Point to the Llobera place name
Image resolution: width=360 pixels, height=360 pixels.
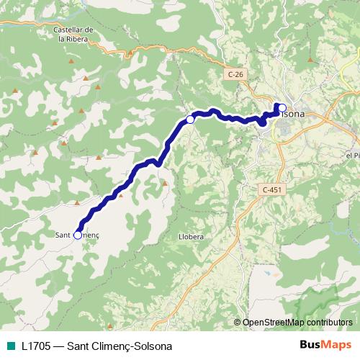pyautogui.click(x=191, y=235)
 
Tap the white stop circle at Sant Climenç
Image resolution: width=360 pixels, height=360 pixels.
pyautogui.click(x=78, y=235)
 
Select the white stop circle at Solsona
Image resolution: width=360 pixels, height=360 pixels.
pyautogui.click(x=282, y=108)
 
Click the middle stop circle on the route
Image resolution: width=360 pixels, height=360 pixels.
pyautogui.click(x=190, y=120)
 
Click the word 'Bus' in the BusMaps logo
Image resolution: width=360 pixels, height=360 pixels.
pyautogui.click(x=311, y=345)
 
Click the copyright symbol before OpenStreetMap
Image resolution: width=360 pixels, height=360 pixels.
pyautogui.click(x=238, y=323)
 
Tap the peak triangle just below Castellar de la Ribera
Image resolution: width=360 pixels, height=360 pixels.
pyautogui.click(x=71, y=61)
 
